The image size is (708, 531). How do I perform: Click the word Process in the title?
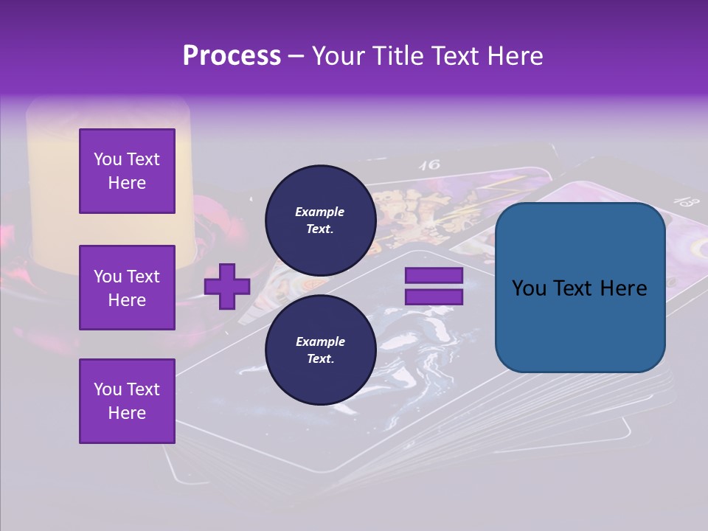coord(232,56)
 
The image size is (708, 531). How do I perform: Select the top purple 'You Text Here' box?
coord(127,171)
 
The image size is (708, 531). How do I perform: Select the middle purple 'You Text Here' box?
coord(127,288)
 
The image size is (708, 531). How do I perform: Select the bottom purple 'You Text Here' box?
coord(127,400)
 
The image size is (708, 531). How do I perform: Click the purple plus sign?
coord(227,286)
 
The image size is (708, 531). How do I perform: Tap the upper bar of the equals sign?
coord(434,275)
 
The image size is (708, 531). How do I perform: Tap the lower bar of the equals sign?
coord(434,297)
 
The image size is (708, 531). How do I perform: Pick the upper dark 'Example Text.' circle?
coord(320,220)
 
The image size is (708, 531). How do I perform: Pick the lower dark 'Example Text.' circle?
coord(320,350)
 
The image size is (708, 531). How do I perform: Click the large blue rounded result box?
coord(580,288)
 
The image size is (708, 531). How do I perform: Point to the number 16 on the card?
coord(429,164)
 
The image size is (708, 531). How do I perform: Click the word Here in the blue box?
coord(623,288)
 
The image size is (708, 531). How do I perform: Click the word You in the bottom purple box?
coord(108,389)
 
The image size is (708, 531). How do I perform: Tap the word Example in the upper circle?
coord(320,212)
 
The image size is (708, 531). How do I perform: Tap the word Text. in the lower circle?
coord(320,358)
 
